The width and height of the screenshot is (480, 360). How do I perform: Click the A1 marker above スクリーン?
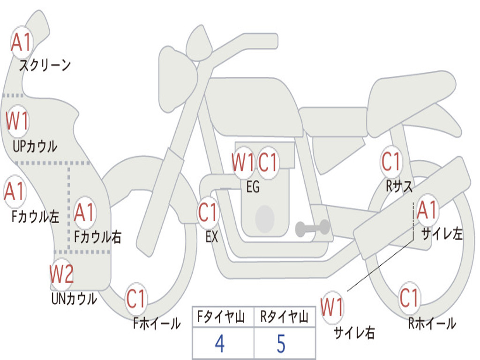tap(22, 42)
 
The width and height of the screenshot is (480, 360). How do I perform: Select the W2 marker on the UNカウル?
tap(61, 274)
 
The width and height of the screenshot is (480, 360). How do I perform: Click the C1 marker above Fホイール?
tap(136, 299)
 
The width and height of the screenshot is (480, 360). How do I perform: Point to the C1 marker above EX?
tap(208, 212)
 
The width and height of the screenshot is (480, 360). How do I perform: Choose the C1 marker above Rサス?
tap(391, 161)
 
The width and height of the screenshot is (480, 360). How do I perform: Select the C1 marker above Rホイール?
tap(409, 298)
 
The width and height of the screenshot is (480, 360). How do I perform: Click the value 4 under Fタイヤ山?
tap(220, 344)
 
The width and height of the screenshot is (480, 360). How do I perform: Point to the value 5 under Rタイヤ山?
tap(281, 344)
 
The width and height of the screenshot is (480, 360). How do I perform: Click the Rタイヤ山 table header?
tap(285, 317)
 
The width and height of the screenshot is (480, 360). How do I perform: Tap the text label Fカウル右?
tap(97, 237)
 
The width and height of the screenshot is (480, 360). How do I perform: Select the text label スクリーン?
tap(45, 65)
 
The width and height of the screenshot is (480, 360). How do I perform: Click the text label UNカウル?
tap(75, 299)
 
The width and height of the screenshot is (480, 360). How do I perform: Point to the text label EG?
tap(253, 187)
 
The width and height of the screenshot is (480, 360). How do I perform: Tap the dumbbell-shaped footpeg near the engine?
tap(313, 228)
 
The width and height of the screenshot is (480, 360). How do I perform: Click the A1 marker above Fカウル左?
tap(15, 192)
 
